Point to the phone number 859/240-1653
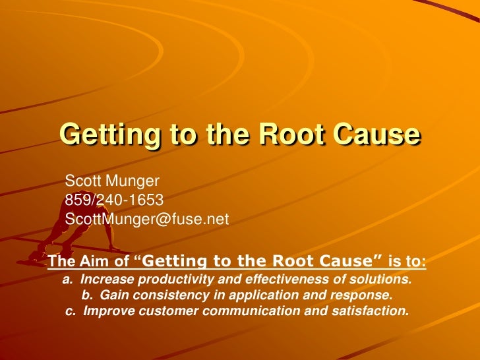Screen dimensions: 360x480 (x=114, y=199)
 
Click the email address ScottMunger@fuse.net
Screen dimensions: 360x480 (x=146, y=219)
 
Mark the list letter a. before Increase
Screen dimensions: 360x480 (x=67, y=280)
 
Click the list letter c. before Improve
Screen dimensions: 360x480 (x=71, y=310)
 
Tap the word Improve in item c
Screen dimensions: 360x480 (x=105, y=310)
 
